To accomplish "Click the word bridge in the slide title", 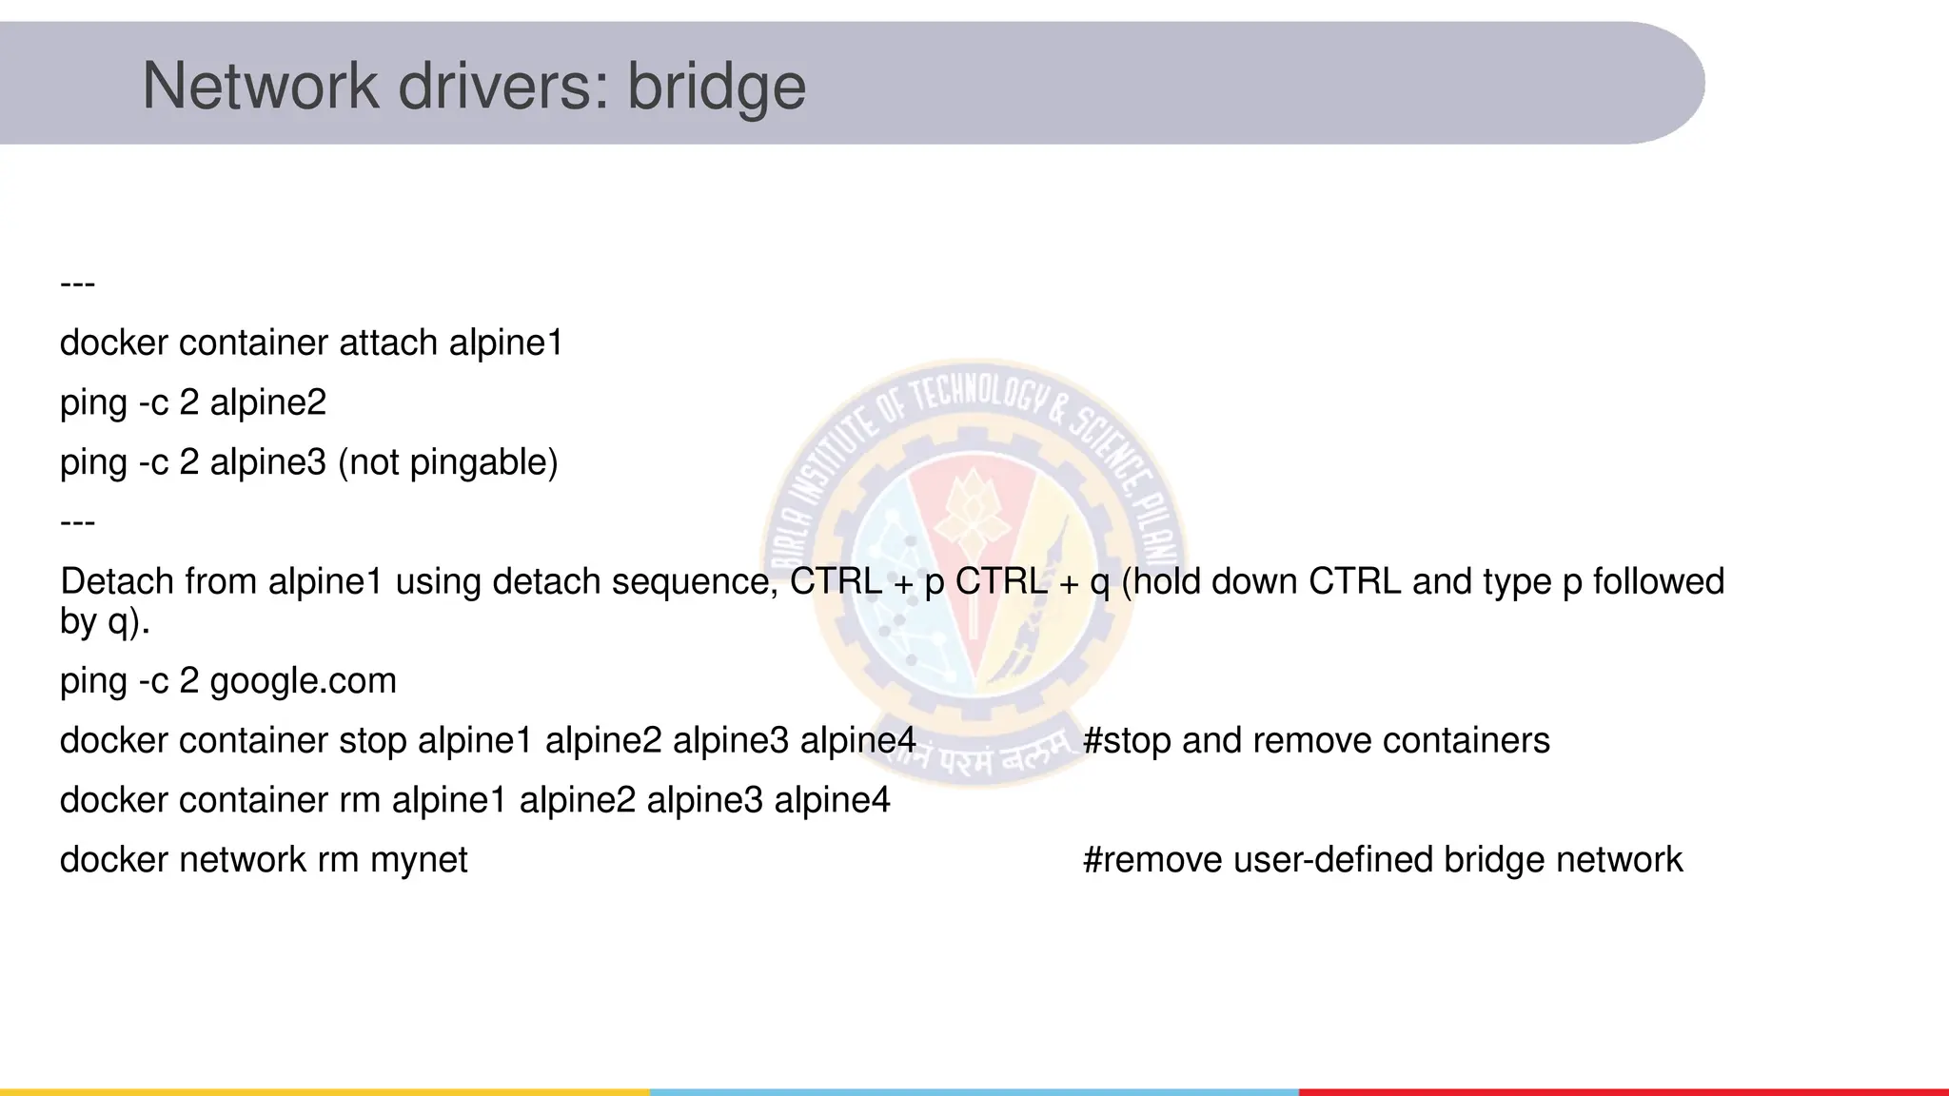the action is pos(716,87).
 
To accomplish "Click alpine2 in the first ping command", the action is pos(267,402).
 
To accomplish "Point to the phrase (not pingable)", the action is pos(447,462).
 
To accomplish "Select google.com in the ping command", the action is pos(303,681).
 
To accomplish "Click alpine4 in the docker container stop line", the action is pos(857,740).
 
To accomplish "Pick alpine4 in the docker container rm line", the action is pos(832,800).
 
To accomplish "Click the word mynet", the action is pos(419,860).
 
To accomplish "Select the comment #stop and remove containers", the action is pos(1316,740).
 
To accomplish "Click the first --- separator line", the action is pos(77,284).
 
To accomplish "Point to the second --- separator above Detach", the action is pos(77,522).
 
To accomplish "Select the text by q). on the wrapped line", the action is pos(105,621).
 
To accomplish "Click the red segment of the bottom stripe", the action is pos(1624,1091).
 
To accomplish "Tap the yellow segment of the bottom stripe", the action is pos(325,1091).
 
